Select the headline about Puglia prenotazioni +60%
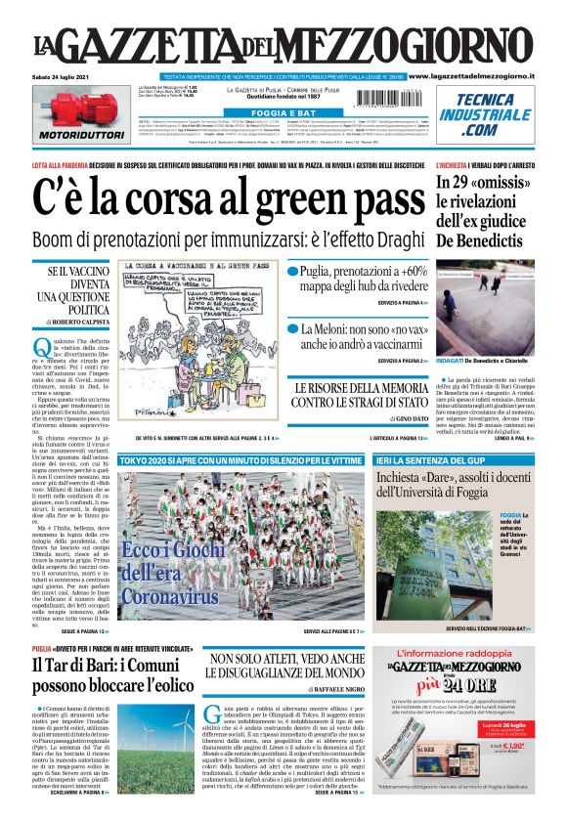359,278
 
